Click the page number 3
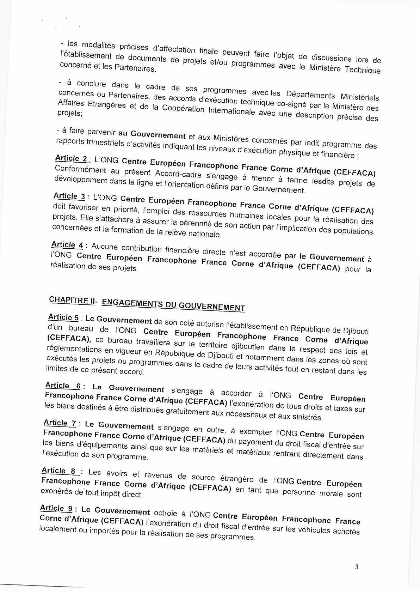357,567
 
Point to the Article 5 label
63,317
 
